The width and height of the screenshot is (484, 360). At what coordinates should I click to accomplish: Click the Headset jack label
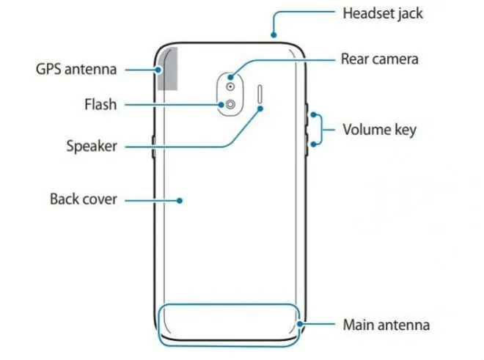[383, 13]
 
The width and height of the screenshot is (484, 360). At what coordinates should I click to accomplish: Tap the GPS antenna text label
[76, 70]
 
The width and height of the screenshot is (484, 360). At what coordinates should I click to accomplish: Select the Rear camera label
[378, 59]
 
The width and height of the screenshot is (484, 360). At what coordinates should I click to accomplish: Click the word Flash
[100, 104]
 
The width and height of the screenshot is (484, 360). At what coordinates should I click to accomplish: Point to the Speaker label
[91, 146]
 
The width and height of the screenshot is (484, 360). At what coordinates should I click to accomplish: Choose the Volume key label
[379, 130]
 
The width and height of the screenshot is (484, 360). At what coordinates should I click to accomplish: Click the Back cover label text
[83, 198]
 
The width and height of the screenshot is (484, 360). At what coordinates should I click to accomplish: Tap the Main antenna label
[386, 324]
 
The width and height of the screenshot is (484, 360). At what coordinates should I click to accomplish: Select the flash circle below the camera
[231, 104]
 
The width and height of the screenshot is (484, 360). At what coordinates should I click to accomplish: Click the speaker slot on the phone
[262, 95]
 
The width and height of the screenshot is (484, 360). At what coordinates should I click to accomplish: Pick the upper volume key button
[306, 116]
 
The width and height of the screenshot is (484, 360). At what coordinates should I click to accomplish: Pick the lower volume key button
[306, 144]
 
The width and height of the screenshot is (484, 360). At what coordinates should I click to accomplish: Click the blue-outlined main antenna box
[229, 323]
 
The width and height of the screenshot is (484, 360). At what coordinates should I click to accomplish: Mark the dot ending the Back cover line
[180, 198]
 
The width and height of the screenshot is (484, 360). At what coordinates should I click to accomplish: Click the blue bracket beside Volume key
[320, 130]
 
